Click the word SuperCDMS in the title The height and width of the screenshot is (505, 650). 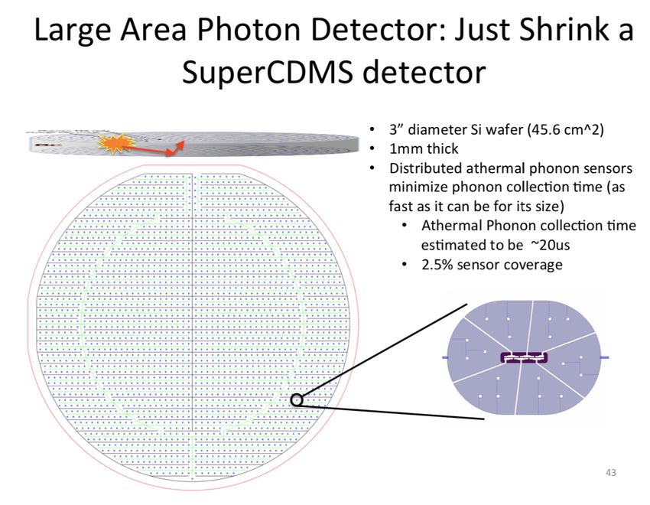(268, 72)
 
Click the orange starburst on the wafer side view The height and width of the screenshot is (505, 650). (116, 143)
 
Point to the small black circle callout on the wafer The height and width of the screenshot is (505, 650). (297, 400)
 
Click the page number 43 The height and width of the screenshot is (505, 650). (611, 473)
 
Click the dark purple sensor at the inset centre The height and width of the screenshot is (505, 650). (525, 357)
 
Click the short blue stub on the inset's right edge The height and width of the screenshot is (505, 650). (604, 357)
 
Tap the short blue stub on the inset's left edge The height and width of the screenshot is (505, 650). (446, 357)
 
